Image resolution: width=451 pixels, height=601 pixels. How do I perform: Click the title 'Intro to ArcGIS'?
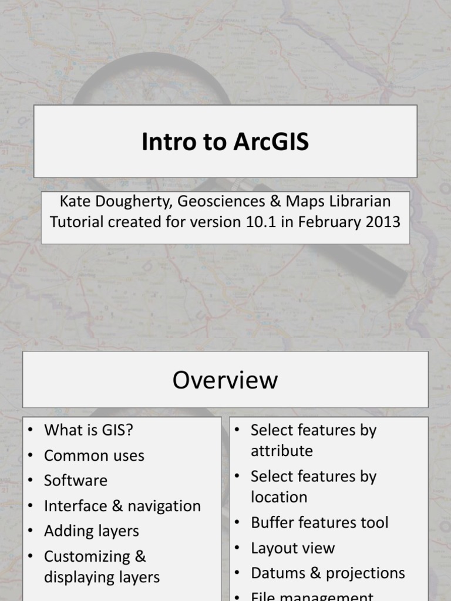[x=225, y=142]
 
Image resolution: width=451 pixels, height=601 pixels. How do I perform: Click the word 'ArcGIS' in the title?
[x=271, y=142]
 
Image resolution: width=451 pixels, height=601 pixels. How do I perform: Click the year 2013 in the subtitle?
[x=382, y=222]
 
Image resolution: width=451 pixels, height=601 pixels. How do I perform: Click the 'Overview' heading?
[x=225, y=380]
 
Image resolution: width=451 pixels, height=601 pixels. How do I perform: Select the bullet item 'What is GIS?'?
[x=89, y=430]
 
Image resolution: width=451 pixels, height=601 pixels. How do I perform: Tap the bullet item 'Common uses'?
[x=94, y=455]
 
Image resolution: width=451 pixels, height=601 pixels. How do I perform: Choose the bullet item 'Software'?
[x=76, y=481]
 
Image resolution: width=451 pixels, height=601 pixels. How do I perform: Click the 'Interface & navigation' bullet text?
[x=122, y=506]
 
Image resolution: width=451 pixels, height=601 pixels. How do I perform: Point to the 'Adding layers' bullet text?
[x=92, y=531]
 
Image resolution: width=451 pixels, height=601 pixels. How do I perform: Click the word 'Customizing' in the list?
[x=87, y=556]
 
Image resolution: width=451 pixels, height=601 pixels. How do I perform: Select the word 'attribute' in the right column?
[x=282, y=451]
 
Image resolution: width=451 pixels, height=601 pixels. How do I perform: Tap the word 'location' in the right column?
[x=279, y=497]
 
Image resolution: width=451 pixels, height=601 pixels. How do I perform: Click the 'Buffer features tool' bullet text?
[x=319, y=522]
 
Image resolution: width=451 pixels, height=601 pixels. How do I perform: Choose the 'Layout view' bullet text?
[x=292, y=548]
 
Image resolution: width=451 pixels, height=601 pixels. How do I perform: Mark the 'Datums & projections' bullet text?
[x=328, y=573]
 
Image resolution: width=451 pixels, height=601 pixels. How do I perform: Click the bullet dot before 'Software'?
[x=30, y=481]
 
